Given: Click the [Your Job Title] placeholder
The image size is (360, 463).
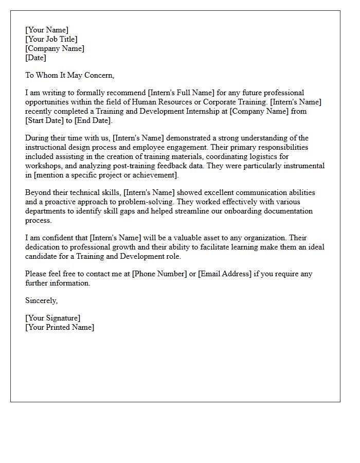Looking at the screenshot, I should pyautogui.click(x=51, y=39).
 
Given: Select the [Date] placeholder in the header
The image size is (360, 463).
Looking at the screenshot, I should pyautogui.click(x=36, y=58).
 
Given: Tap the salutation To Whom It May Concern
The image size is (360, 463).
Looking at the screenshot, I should pyautogui.click(x=69, y=75).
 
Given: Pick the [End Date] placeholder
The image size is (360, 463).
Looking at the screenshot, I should pyautogui.click(x=93, y=120).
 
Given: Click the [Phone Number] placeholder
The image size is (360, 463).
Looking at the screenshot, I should pyautogui.click(x=159, y=274).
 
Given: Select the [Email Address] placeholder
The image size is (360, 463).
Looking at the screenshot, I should pyautogui.click(x=225, y=274).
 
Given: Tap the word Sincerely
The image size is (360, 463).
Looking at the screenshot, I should pyautogui.click(x=41, y=300).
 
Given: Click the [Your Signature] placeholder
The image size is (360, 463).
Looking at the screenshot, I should pyautogui.click(x=53, y=318).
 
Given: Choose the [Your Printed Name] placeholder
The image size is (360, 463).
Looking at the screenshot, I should pyautogui.click(x=60, y=327).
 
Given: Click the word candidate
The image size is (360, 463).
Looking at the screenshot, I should pyautogui.click(x=42, y=256).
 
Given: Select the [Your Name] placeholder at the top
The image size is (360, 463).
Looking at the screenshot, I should pyautogui.click(x=47, y=30).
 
